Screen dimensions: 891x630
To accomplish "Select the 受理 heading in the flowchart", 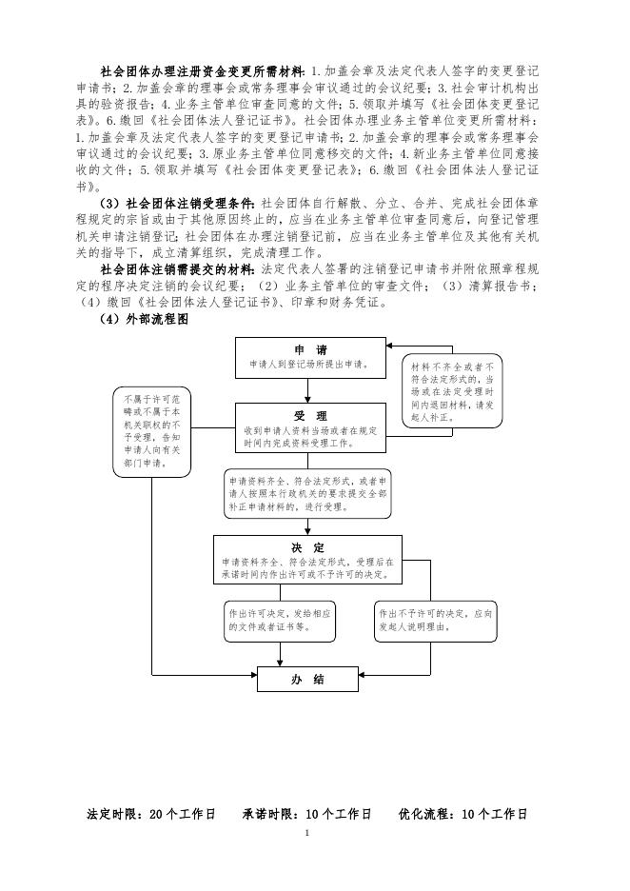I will [x=311, y=417].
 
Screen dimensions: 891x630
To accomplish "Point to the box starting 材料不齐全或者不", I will [x=452, y=390].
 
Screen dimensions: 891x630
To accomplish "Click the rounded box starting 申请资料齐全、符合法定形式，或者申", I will [x=307, y=494].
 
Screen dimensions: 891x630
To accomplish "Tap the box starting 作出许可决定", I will [x=280, y=621].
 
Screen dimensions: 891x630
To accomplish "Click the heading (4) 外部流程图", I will [x=145, y=321].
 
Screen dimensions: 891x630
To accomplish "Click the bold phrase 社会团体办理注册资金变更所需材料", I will [x=203, y=71].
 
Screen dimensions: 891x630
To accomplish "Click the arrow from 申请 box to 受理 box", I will [x=305, y=390].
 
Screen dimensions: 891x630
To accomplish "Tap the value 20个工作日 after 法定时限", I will [x=183, y=815].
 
